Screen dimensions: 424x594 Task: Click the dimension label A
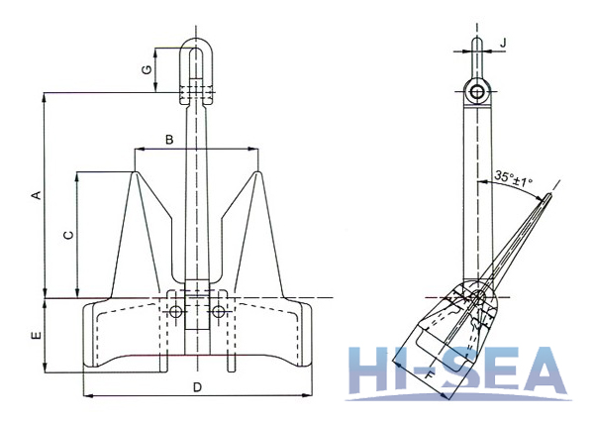(x=36, y=195)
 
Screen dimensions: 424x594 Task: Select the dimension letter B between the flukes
(x=169, y=141)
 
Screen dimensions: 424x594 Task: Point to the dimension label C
(x=66, y=235)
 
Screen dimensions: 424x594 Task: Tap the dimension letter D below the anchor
(x=198, y=385)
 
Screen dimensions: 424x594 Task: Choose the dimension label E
(x=36, y=337)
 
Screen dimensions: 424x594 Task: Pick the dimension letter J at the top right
(x=504, y=43)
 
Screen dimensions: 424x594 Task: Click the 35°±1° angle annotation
(x=513, y=180)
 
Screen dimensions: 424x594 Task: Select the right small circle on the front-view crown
(x=218, y=312)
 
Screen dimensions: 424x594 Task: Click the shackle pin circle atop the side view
(x=477, y=93)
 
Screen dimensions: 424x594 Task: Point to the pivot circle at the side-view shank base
(x=475, y=299)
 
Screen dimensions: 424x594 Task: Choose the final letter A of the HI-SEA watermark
(x=564, y=374)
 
